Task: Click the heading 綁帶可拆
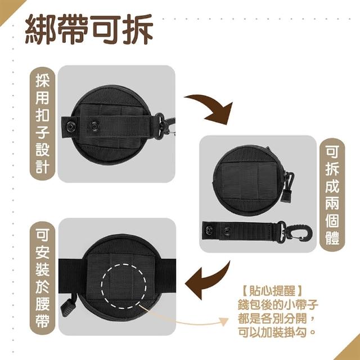89,29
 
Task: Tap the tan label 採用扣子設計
43,124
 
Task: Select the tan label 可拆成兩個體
332,195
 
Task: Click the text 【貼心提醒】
272,291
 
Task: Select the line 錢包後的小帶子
278,305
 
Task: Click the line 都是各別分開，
276,318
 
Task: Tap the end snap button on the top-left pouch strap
70,126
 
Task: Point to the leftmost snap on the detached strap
208,229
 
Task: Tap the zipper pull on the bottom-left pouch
68,308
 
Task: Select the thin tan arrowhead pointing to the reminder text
224,322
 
